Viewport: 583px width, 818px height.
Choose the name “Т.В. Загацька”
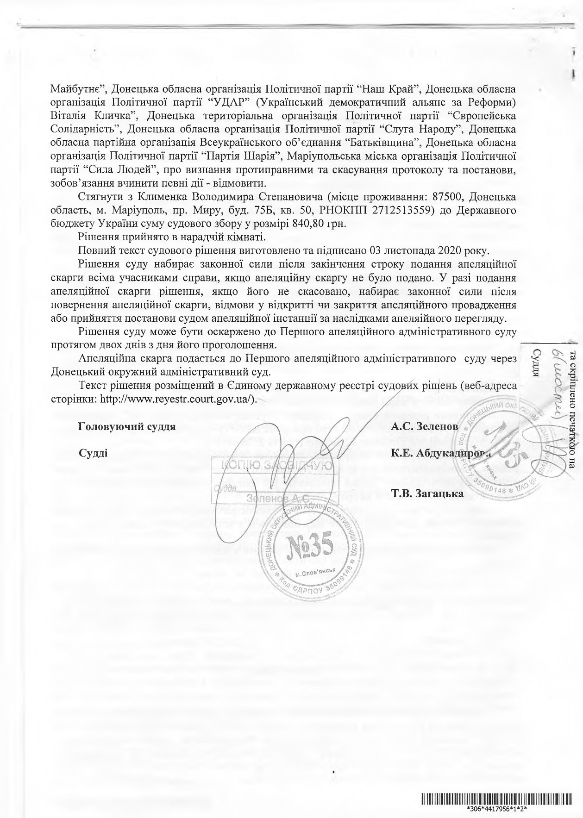427,493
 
